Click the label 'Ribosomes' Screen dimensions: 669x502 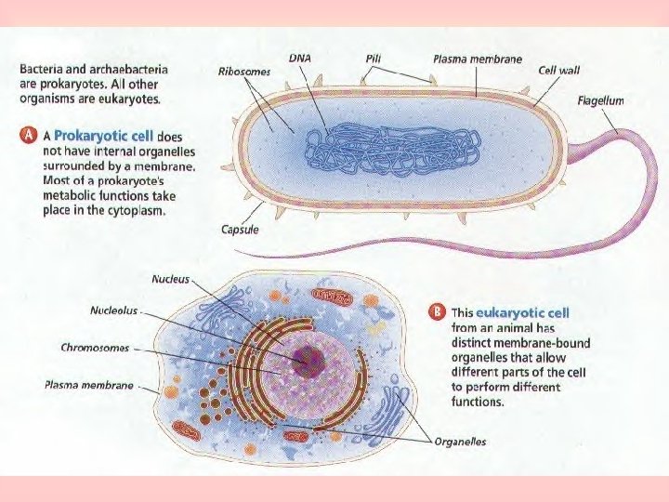coord(244,71)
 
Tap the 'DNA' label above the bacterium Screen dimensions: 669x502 coord(299,58)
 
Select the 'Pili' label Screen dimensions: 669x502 coord(374,58)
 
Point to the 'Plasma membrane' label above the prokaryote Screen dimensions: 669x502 coord(478,59)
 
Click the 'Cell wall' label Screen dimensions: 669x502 coord(560,71)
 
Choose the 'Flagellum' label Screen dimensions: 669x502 coord(600,100)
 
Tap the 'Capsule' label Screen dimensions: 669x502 coord(240,230)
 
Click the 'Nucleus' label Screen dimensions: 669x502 coord(171,278)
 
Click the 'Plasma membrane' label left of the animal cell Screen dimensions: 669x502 coord(89,384)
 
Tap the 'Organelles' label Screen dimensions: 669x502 coord(460,442)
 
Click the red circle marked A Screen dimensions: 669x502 coord(29,135)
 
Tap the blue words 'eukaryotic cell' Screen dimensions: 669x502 coord(522,313)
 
